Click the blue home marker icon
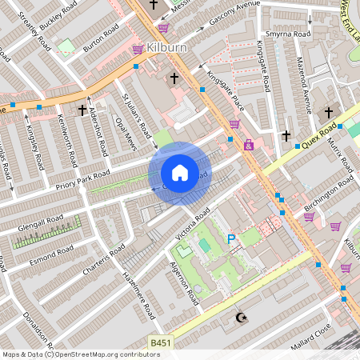pyautogui.click(x=180, y=173)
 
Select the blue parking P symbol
pyautogui.click(x=232, y=238)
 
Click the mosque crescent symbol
pyautogui.click(x=238, y=318)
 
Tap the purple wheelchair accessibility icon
pyautogui.click(x=249, y=145)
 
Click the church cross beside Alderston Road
pyautogui.click(x=82, y=109)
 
